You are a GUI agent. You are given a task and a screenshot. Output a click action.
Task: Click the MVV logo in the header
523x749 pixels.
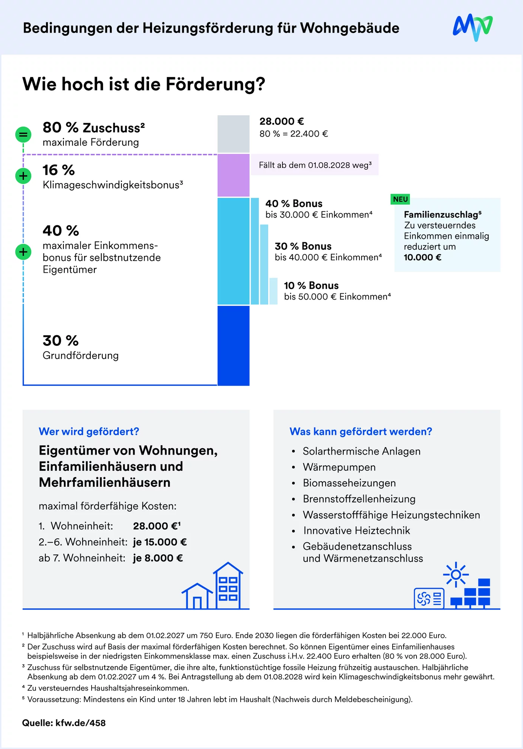[473, 27]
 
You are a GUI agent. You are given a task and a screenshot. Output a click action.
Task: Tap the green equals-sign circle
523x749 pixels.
[23, 134]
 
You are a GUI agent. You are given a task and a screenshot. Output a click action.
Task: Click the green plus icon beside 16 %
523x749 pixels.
[23, 175]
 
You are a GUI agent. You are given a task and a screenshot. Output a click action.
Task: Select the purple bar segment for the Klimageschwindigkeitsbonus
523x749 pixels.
[233, 175]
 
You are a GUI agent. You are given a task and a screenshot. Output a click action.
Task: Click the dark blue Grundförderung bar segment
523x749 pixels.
[233, 346]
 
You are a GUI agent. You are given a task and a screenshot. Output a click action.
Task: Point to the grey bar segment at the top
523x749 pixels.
[233, 134]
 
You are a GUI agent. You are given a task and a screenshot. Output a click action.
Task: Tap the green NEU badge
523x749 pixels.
[400, 199]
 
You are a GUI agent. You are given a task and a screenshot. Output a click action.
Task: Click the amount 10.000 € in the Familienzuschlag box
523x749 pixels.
[423, 257]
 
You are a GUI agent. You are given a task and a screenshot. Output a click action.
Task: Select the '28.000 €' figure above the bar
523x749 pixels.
[282, 121]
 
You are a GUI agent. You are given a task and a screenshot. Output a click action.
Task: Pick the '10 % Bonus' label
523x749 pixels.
[311, 285]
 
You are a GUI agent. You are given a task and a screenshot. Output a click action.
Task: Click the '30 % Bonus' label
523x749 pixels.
[303, 246]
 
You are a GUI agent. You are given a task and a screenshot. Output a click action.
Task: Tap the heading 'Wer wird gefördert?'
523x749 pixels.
[89, 431]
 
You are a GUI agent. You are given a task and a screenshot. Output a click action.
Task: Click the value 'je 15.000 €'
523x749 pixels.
[160, 542]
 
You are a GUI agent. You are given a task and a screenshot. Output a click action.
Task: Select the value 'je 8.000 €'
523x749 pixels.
[158, 558]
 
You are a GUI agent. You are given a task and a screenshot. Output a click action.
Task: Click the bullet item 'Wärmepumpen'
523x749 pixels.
[339, 467]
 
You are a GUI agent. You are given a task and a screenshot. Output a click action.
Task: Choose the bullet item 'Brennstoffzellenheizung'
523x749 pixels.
[359, 499]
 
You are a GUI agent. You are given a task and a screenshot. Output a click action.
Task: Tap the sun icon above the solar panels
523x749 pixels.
[456, 574]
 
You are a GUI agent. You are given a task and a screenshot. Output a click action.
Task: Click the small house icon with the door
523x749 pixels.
[197, 596]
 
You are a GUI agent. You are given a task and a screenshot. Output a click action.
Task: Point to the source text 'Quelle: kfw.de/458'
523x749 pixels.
[64, 723]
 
